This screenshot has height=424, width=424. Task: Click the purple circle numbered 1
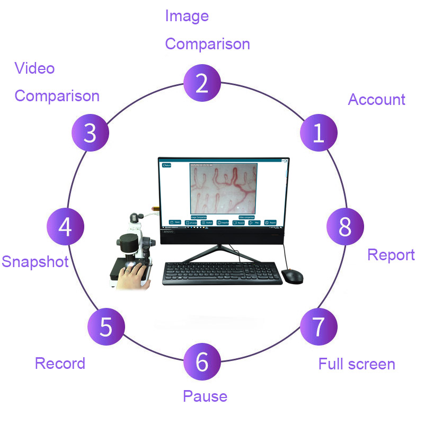pyautogui.click(x=319, y=133)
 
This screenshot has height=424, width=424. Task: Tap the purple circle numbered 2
pyautogui.click(x=202, y=84)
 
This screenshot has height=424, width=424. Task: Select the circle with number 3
pyautogui.click(x=90, y=133)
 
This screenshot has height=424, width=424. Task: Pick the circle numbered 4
pyautogui.click(x=65, y=226)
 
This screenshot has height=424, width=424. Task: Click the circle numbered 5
pyautogui.click(x=106, y=326)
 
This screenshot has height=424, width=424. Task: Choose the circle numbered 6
pyautogui.click(x=202, y=363)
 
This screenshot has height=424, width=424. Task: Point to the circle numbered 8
pyautogui.click(x=345, y=226)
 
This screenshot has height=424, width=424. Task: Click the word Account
pyautogui.click(x=376, y=100)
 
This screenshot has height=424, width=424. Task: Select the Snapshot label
pyautogui.click(x=35, y=261)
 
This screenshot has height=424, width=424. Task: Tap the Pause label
pyautogui.click(x=205, y=396)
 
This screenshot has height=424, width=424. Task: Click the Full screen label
pyautogui.click(x=357, y=364)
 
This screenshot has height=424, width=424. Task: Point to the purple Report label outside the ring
pyautogui.click(x=391, y=255)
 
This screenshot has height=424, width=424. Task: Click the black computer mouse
pyautogui.click(x=292, y=276)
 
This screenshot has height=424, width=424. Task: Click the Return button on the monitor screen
pyautogui.click(x=167, y=165)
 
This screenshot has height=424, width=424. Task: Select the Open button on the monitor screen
pyautogui.click(x=175, y=223)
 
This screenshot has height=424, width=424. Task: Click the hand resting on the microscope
pyautogui.click(x=133, y=276)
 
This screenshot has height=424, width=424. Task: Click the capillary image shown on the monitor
pyautogui.click(x=223, y=188)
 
